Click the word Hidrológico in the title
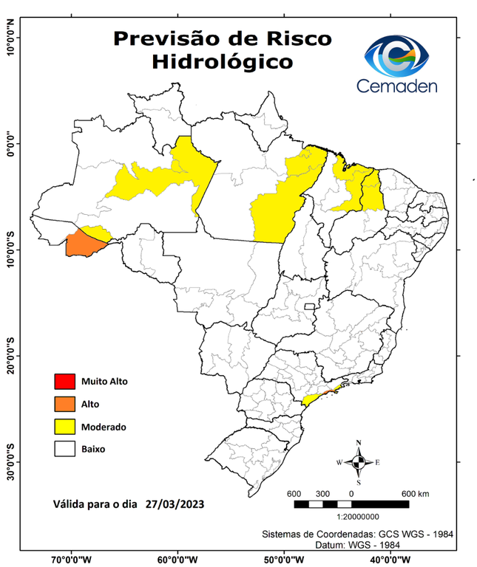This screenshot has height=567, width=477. [221, 62]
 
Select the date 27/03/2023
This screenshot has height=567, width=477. [175, 504]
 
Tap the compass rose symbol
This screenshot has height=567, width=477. [359, 462]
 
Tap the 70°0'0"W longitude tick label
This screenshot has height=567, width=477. [71, 559]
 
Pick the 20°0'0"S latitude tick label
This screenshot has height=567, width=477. [10, 356]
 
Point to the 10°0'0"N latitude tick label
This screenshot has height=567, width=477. [10, 37]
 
